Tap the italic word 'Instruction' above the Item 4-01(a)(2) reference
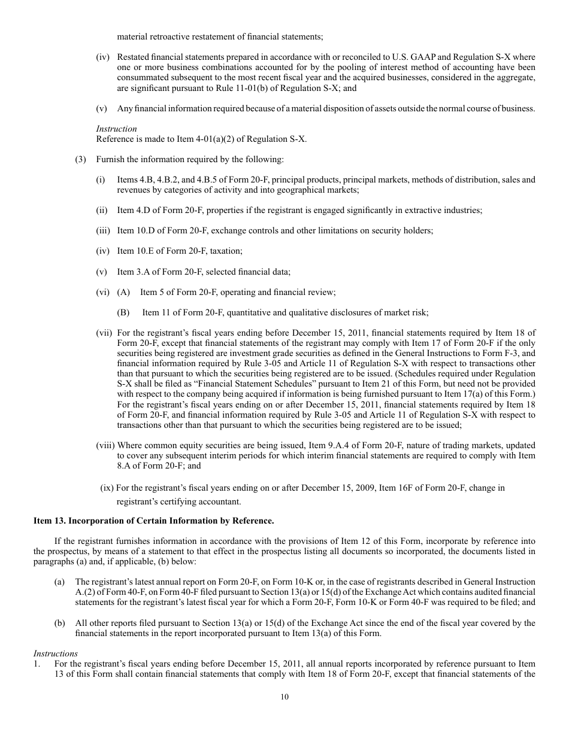pyautogui.click(x=116, y=129)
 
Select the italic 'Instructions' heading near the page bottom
pyautogui.click(x=55, y=653)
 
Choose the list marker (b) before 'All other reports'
pyautogui.click(x=59, y=623)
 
